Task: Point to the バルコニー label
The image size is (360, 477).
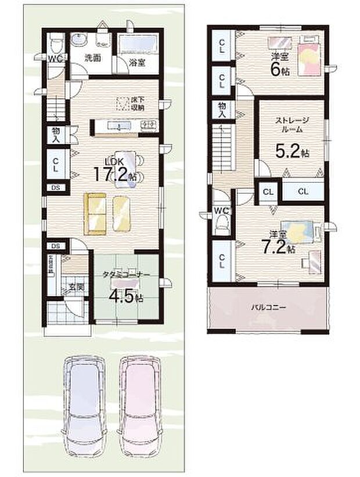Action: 268,308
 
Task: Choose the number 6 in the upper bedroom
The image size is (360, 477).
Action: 282,68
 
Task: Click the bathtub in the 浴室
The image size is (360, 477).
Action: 139,45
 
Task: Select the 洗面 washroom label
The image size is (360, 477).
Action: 92,58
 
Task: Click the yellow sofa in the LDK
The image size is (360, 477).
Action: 96,212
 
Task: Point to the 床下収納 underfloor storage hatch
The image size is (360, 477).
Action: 122,103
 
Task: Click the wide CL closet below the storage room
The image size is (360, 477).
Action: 304,191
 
